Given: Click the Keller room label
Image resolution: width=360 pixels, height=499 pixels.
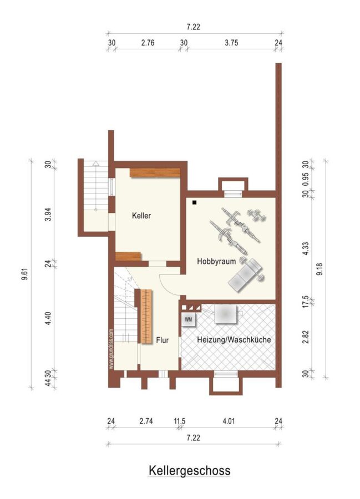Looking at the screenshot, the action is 141,216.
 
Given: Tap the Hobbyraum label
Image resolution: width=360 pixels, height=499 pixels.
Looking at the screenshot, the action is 216,261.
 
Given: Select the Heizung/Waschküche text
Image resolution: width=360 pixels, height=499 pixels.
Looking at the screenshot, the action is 234,339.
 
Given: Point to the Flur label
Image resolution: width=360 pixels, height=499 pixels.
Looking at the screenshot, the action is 163,340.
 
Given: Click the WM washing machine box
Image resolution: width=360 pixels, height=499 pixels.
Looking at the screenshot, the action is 189,320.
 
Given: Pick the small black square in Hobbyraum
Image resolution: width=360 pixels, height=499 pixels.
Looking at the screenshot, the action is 194,202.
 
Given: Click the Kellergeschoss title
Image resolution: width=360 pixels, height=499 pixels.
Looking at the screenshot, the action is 189,470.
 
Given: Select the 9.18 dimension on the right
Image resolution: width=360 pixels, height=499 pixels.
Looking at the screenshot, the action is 320,269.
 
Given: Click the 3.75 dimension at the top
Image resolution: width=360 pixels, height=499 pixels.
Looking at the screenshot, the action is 231,43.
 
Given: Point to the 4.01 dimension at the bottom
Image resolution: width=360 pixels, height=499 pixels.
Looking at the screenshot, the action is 229,421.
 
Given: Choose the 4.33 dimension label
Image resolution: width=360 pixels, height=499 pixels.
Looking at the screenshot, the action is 306,248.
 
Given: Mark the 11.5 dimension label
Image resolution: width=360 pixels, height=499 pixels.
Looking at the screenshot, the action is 180,421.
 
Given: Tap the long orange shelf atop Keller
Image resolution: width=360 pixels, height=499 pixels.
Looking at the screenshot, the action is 155,173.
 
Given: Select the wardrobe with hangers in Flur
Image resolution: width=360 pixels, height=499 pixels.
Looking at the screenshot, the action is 146,317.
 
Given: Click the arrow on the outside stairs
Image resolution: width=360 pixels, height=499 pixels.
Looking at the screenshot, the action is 95,186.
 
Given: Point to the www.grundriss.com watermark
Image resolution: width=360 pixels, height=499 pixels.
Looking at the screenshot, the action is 111,349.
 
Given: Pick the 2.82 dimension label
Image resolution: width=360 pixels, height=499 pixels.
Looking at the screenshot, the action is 306,337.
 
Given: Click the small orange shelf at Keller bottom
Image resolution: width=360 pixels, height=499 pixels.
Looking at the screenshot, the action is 128,256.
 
